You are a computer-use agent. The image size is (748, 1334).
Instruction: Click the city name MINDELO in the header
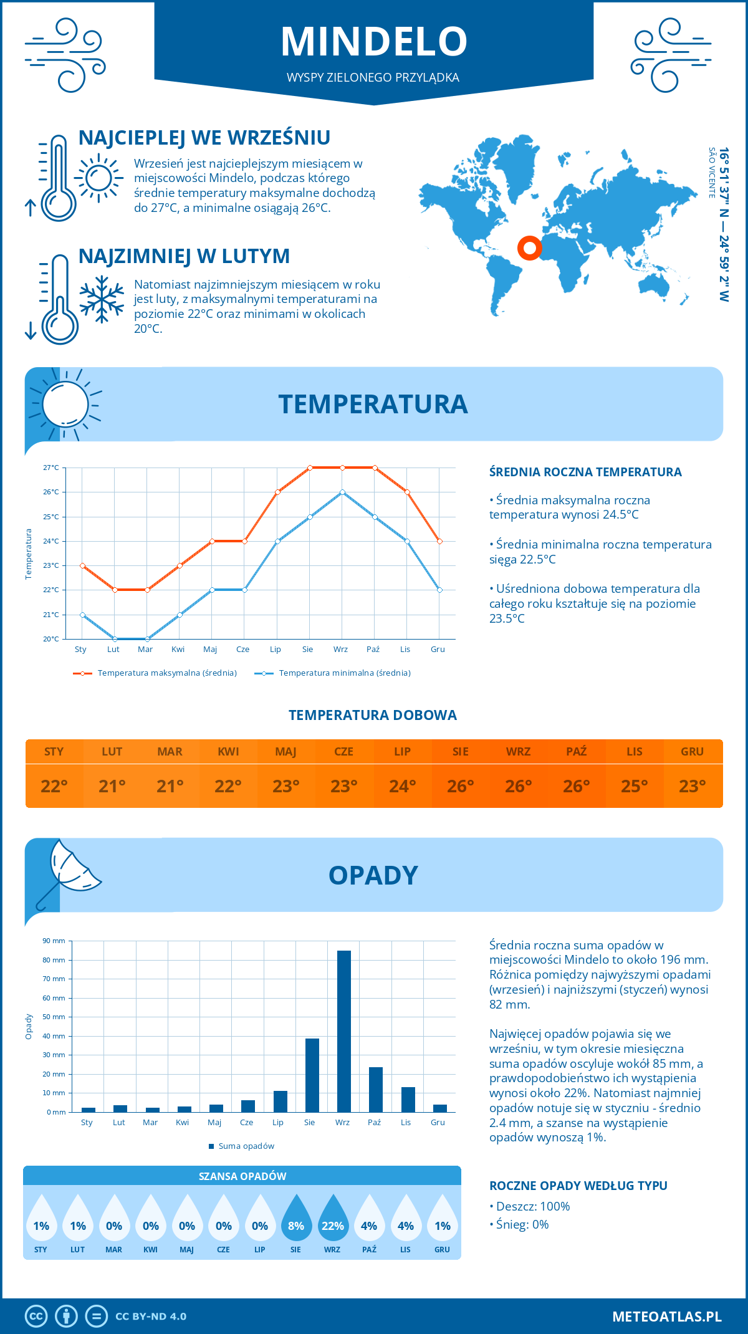374,42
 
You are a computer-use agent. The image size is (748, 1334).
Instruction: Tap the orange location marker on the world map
530,248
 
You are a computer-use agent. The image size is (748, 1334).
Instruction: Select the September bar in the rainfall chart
344,1031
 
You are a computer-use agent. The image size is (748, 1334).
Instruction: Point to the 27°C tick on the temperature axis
51,468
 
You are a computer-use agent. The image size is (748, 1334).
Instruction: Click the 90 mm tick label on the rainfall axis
54,941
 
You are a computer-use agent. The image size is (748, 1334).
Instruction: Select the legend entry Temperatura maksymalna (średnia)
166,673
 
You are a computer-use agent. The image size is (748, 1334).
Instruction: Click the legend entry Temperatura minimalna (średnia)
344,673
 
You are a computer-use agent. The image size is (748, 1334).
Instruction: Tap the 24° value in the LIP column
402,786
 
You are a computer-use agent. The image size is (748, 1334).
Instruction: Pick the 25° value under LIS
634,786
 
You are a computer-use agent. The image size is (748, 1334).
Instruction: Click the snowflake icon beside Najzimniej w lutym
102,299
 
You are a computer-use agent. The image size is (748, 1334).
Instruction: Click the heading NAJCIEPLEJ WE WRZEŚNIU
204,138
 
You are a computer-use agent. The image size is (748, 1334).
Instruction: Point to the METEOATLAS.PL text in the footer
666,1317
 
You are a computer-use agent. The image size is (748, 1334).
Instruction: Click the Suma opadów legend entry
246,1146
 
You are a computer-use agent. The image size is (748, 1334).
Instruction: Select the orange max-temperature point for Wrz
342,468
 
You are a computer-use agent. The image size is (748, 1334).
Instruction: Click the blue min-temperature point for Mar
147,639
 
